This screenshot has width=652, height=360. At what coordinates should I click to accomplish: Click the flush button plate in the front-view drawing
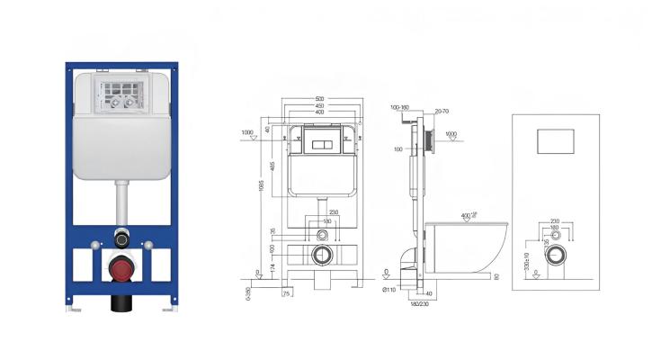click(320, 142)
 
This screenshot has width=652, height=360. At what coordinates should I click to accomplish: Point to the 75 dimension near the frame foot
click(286, 292)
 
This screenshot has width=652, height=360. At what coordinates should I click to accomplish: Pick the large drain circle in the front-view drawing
click(320, 256)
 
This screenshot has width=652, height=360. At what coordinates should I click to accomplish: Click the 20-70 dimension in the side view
click(442, 111)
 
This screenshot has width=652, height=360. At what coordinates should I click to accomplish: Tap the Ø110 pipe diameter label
click(389, 289)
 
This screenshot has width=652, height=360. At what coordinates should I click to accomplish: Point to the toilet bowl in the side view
click(468, 247)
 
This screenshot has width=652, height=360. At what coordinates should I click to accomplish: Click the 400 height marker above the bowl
click(466, 215)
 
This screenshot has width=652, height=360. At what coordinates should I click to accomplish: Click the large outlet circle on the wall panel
click(558, 255)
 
